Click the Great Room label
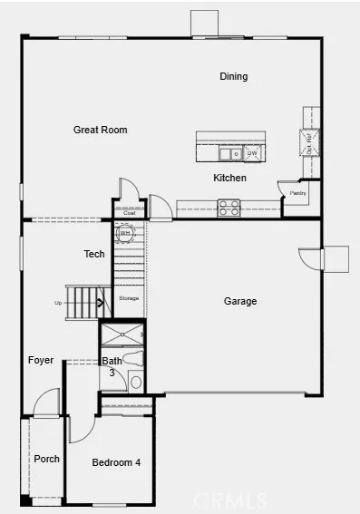pyautogui.click(x=100, y=131)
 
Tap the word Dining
pyautogui.click(x=233, y=77)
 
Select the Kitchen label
pyautogui.click(x=229, y=178)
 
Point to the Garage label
pyautogui.click(x=240, y=301)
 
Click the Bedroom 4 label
pyautogui.click(x=116, y=463)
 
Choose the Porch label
pyautogui.click(x=46, y=459)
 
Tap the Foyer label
pyautogui.click(x=41, y=360)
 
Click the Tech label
pyautogui.click(x=94, y=255)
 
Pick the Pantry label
pyautogui.click(x=297, y=193)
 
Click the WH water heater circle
pyautogui.click(x=125, y=233)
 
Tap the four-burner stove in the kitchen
pyautogui.click(x=229, y=209)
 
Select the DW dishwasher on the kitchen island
pyautogui.click(x=252, y=153)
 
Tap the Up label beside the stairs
pyautogui.click(x=59, y=303)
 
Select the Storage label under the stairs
pyautogui.click(x=129, y=297)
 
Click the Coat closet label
pyautogui.click(x=129, y=214)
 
